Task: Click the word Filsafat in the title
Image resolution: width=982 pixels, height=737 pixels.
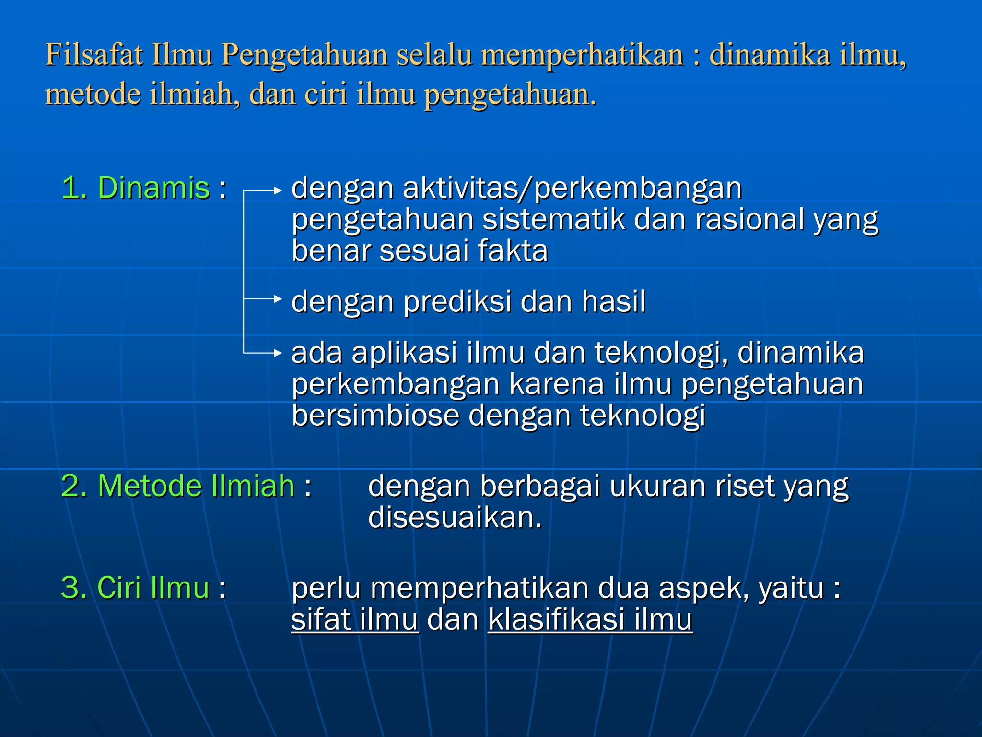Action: click(x=94, y=54)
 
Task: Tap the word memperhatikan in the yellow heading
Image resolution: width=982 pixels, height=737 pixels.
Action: click(x=582, y=54)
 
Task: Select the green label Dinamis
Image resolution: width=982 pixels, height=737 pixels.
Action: click(x=153, y=187)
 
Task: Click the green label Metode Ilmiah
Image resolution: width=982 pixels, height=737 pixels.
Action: click(x=196, y=486)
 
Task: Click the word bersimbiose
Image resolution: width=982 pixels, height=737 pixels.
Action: click(x=375, y=415)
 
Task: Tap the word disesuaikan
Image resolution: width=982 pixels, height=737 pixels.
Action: click(x=455, y=517)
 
